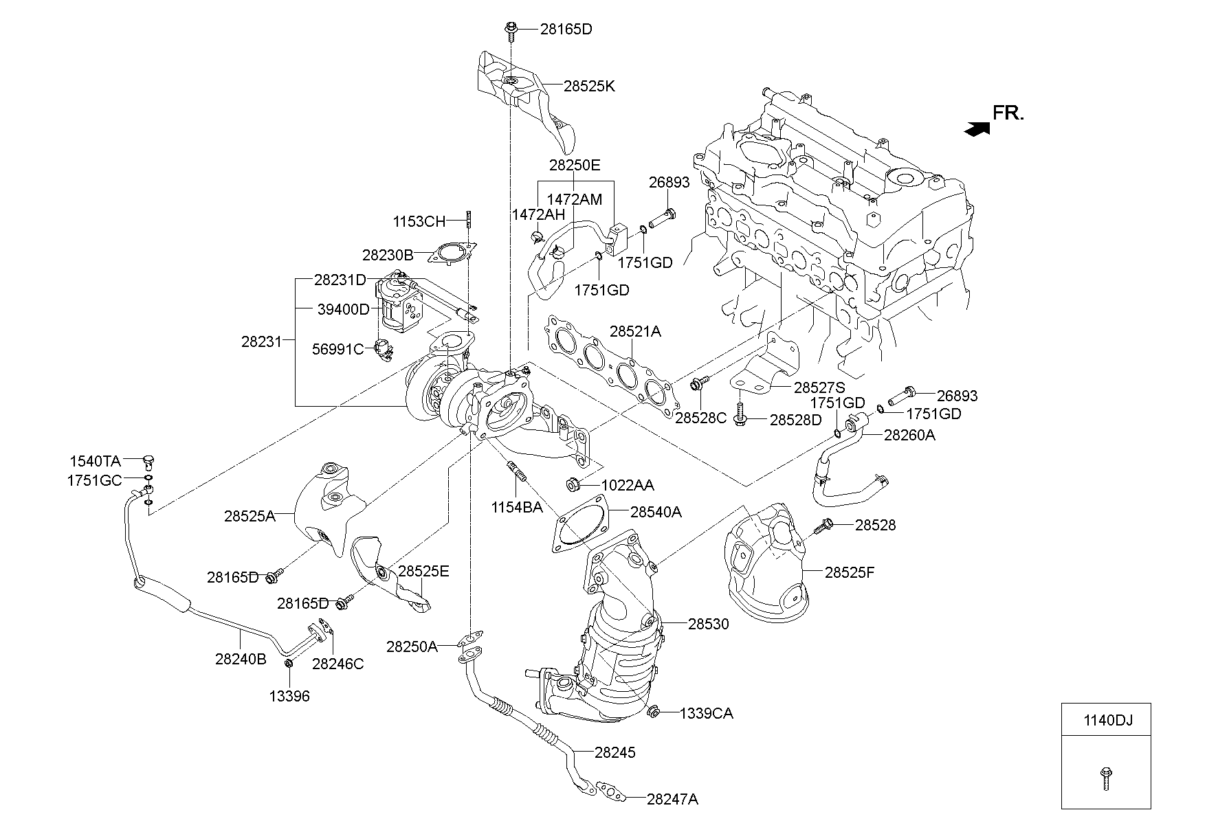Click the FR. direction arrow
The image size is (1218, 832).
(977, 128)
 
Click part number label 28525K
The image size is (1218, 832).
(589, 87)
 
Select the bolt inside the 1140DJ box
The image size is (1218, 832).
(1106, 778)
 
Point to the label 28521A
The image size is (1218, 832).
(635, 332)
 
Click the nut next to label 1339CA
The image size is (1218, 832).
(654, 711)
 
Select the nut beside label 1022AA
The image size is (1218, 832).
(572, 485)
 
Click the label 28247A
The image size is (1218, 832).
(672, 799)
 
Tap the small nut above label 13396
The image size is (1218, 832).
(289, 663)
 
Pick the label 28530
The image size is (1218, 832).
(709, 624)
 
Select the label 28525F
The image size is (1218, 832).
(850, 572)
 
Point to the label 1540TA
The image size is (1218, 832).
(95, 460)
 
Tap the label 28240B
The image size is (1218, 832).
(241, 659)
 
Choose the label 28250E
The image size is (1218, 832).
(575, 165)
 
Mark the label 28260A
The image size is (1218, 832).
(909, 435)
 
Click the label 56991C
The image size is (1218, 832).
(337, 349)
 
